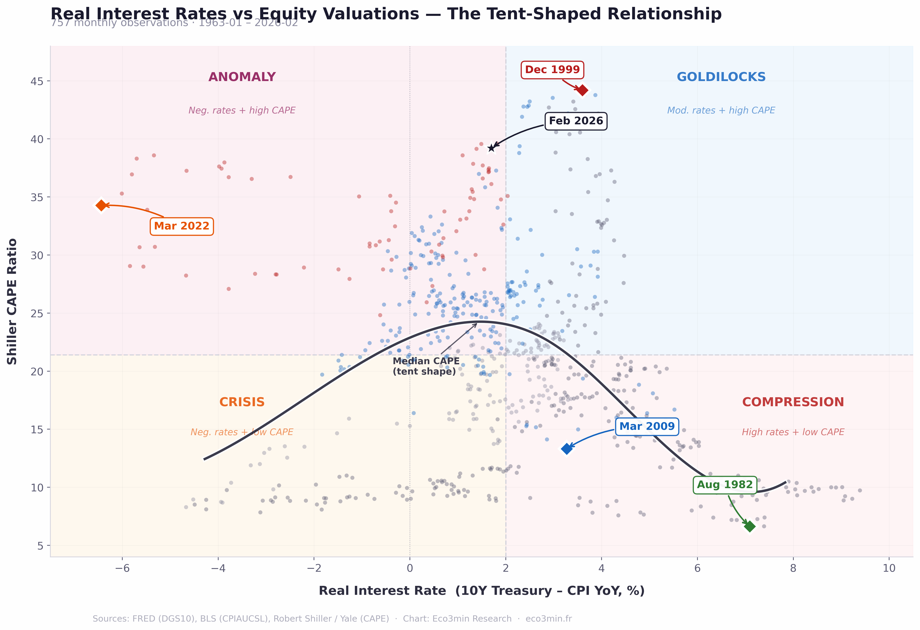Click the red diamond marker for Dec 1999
point(582,90)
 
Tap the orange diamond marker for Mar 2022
point(101,205)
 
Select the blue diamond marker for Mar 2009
point(567,448)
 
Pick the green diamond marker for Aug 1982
point(749,526)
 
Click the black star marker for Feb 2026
point(491,148)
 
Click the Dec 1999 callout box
point(552,70)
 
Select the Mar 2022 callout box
point(182,226)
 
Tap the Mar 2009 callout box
point(647,427)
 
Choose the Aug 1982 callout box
point(724,485)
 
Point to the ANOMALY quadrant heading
point(242,77)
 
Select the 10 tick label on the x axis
point(889,569)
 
